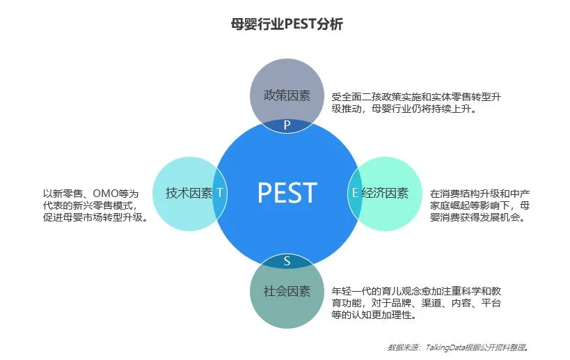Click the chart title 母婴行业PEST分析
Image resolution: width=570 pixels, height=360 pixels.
(286, 24)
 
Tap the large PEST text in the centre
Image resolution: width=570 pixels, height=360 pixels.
(287, 193)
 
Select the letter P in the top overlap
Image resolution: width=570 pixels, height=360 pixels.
(286, 125)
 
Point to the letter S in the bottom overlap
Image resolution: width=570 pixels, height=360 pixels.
(286, 261)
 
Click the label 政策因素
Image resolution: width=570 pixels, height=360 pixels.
(286, 96)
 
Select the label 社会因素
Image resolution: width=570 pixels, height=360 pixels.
(286, 291)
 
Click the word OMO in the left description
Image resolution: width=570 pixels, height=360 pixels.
(108, 194)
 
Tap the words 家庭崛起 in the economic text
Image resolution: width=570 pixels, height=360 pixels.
(452, 205)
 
